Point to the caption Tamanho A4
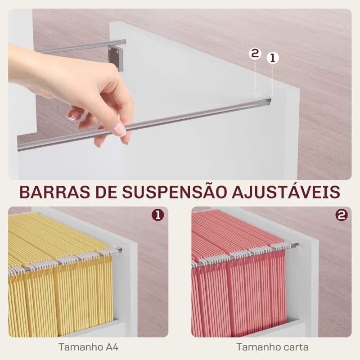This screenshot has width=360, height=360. pyautogui.click(x=88, y=347)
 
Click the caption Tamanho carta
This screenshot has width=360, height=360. pyautogui.click(x=272, y=347)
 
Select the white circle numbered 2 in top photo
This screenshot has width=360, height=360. pyautogui.click(x=255, y=54)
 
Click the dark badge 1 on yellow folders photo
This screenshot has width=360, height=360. pyautogui.click(x=157, y=216)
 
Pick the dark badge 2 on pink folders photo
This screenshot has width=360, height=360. pyautogui.click(x=342, y=216)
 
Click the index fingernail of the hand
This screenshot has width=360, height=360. pyautogui.click(x=120, y=130)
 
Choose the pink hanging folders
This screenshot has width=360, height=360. pyautogui.click(x=238, y=279)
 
